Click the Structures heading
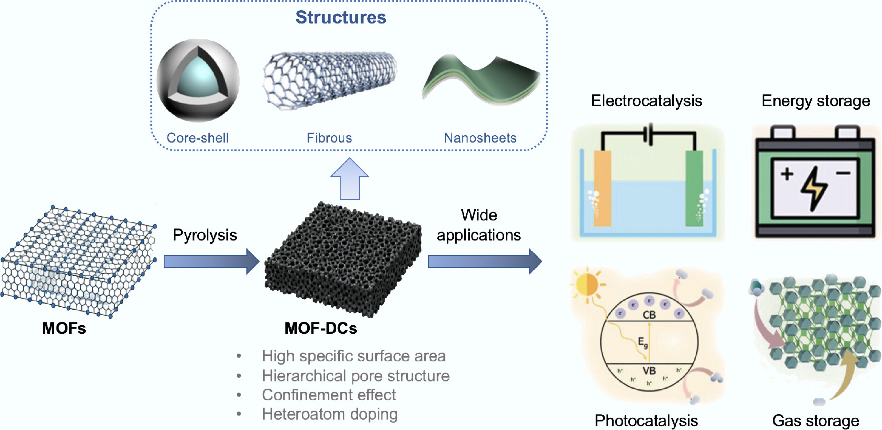coord(341,17)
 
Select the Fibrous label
coord(329,138)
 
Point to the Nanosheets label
coord(480,138)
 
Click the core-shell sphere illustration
coord(198,81)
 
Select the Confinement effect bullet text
coord(329,395)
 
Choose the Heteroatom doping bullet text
coord(330,414)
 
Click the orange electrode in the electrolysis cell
coord(602,188)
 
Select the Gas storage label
coord(816,421)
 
